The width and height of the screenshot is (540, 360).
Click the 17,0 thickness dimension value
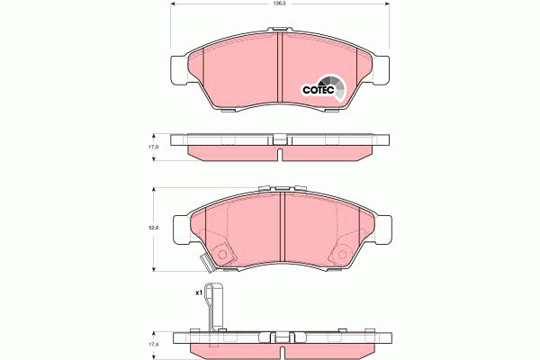click(x=153, y=147)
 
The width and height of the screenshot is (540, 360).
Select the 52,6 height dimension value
click(x=153, y=228)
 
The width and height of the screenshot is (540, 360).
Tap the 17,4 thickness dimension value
click(x=153, y=345)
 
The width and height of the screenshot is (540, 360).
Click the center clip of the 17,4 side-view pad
click(x=281, y=339)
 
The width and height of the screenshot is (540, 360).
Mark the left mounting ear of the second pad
click(x=179, y=229)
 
